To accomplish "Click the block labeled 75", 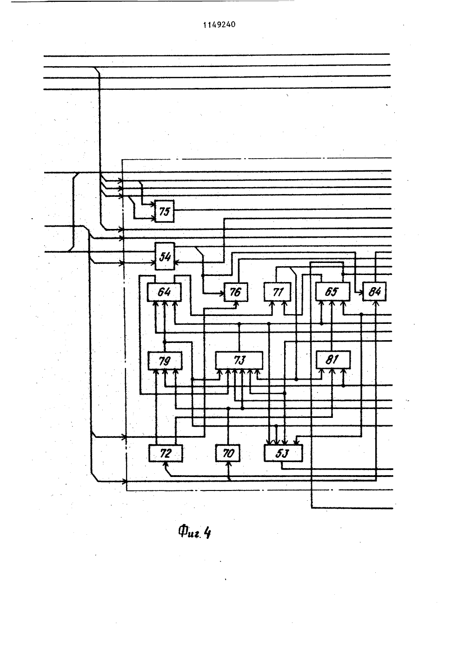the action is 165,211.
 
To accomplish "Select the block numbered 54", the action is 165,256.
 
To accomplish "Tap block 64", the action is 165,292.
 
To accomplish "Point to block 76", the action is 236,292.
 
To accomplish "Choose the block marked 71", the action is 278,292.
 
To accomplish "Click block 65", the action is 332,292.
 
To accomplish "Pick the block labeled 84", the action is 375,291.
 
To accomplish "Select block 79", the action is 165,361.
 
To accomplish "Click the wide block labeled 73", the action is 239,360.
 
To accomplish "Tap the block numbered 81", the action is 333,360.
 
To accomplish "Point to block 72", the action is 166,453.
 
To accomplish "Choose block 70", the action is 228,453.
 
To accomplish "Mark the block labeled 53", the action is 283,453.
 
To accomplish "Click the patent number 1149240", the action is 219,25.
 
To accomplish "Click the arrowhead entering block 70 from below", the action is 228,464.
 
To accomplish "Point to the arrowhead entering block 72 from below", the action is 166,464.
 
